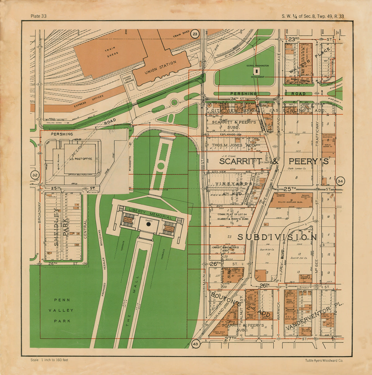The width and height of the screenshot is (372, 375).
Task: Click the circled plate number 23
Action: point(195,34)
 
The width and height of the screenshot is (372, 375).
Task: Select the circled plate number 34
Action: point(340,181)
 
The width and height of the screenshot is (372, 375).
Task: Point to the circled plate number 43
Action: point(195,344)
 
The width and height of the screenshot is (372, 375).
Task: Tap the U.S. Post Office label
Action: point(81,159)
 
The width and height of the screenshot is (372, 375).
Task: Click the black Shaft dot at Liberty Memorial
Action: point(149,224)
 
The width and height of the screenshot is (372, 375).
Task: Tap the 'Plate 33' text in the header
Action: point(38,16)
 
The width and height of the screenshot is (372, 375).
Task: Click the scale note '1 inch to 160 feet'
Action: point(49,360)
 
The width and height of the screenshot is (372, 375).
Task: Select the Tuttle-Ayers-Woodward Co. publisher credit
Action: point(324,360)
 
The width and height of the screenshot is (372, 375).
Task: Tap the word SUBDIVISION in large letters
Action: point(277,237)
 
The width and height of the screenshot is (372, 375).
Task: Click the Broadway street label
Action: point(39,212)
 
